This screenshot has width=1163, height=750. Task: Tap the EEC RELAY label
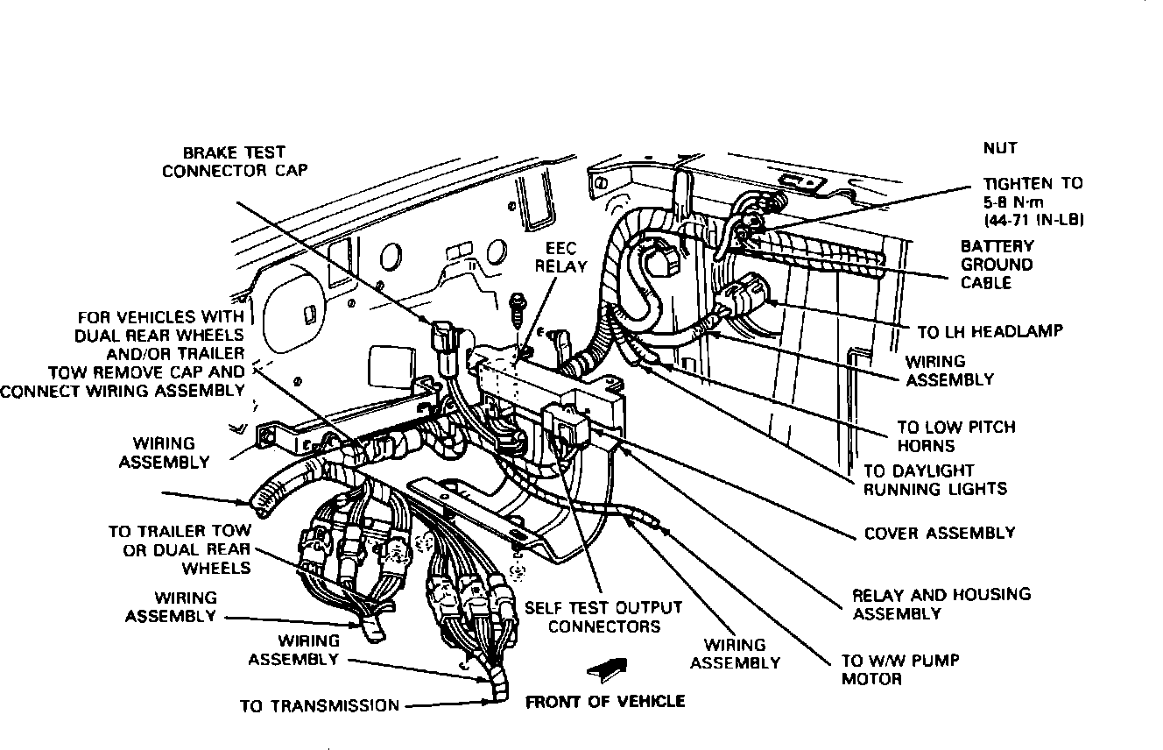(560, 258)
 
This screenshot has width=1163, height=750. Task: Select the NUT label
(999, 148)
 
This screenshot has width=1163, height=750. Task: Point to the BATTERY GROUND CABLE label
(997, 265)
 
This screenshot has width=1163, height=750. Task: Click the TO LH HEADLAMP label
(990, 331)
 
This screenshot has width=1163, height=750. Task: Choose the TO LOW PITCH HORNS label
(955, 436)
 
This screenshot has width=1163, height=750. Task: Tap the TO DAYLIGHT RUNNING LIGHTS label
(935, 479)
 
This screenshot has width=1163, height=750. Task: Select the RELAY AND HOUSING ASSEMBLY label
(941, 604)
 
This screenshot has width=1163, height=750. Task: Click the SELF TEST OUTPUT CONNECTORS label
(603, 617)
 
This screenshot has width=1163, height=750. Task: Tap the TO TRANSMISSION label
(320, 705)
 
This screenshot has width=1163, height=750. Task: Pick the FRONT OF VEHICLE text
(605, 701)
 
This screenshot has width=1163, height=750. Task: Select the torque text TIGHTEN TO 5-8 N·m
(1033, 202)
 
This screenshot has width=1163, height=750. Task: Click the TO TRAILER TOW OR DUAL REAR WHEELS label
(180, 549)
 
